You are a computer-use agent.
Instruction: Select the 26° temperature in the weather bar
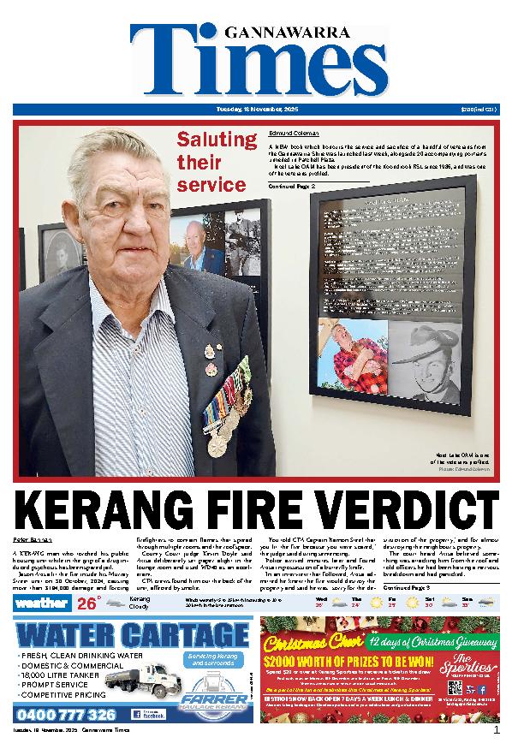[87, 603]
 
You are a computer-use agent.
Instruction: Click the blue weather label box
[41, 603]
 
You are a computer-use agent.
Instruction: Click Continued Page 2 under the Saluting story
[292, 185]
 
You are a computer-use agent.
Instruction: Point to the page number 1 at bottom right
[496, 730]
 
